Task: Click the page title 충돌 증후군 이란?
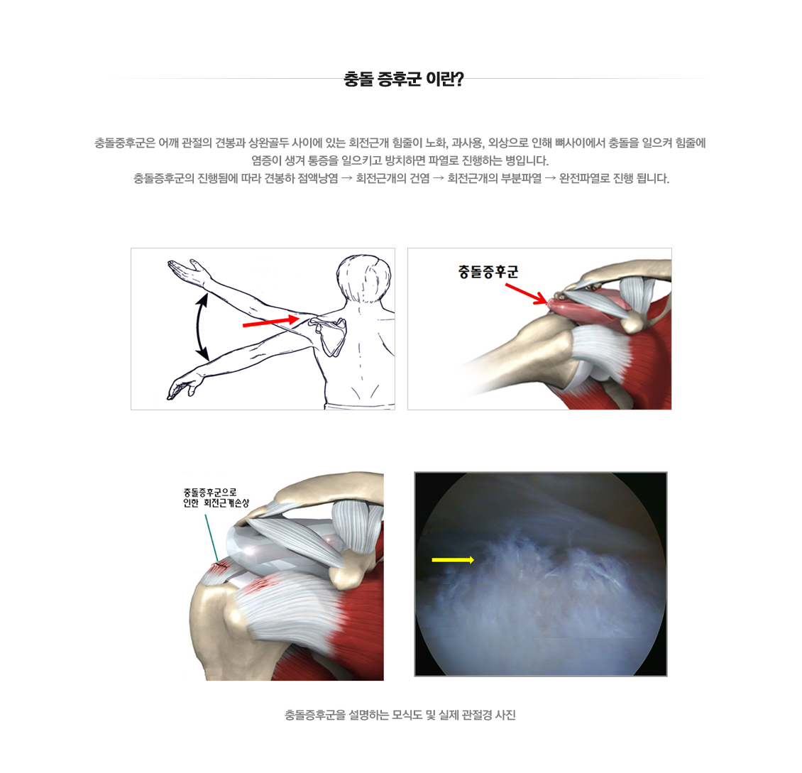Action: [x=403, y=79]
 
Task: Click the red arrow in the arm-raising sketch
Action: [x=270, y=322]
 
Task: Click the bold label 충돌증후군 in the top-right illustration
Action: [x=488, y=272]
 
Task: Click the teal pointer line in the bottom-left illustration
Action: [x=211, y=537]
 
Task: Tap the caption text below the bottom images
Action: [x=400, y=715]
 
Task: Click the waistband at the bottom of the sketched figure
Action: [x=358, y=406]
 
